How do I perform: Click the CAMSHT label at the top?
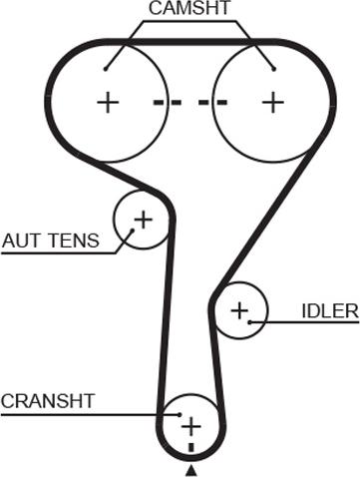coord(189,8)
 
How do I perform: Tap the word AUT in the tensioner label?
coord(21,240)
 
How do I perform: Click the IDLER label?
coord(330,311)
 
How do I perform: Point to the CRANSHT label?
coord(48,401)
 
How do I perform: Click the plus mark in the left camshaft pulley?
coord(108,103)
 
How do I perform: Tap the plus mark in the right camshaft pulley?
coord(273,102)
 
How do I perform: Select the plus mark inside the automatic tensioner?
coord(144,220)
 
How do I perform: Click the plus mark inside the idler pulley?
coord(239,310)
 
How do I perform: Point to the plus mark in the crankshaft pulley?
coord(190,426)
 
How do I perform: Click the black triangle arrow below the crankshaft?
coord(190,471)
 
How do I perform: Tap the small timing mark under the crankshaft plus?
coord(190,447)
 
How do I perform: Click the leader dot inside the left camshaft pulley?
coord(105,69)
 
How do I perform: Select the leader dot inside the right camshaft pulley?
coord(274,69)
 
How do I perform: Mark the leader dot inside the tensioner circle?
coord(132,230)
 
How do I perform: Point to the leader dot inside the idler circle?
coord(249,322)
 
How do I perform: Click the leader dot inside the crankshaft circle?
coord(180,415)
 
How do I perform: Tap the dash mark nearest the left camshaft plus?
coord(160,102)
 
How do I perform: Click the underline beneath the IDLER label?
coord(304,322)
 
